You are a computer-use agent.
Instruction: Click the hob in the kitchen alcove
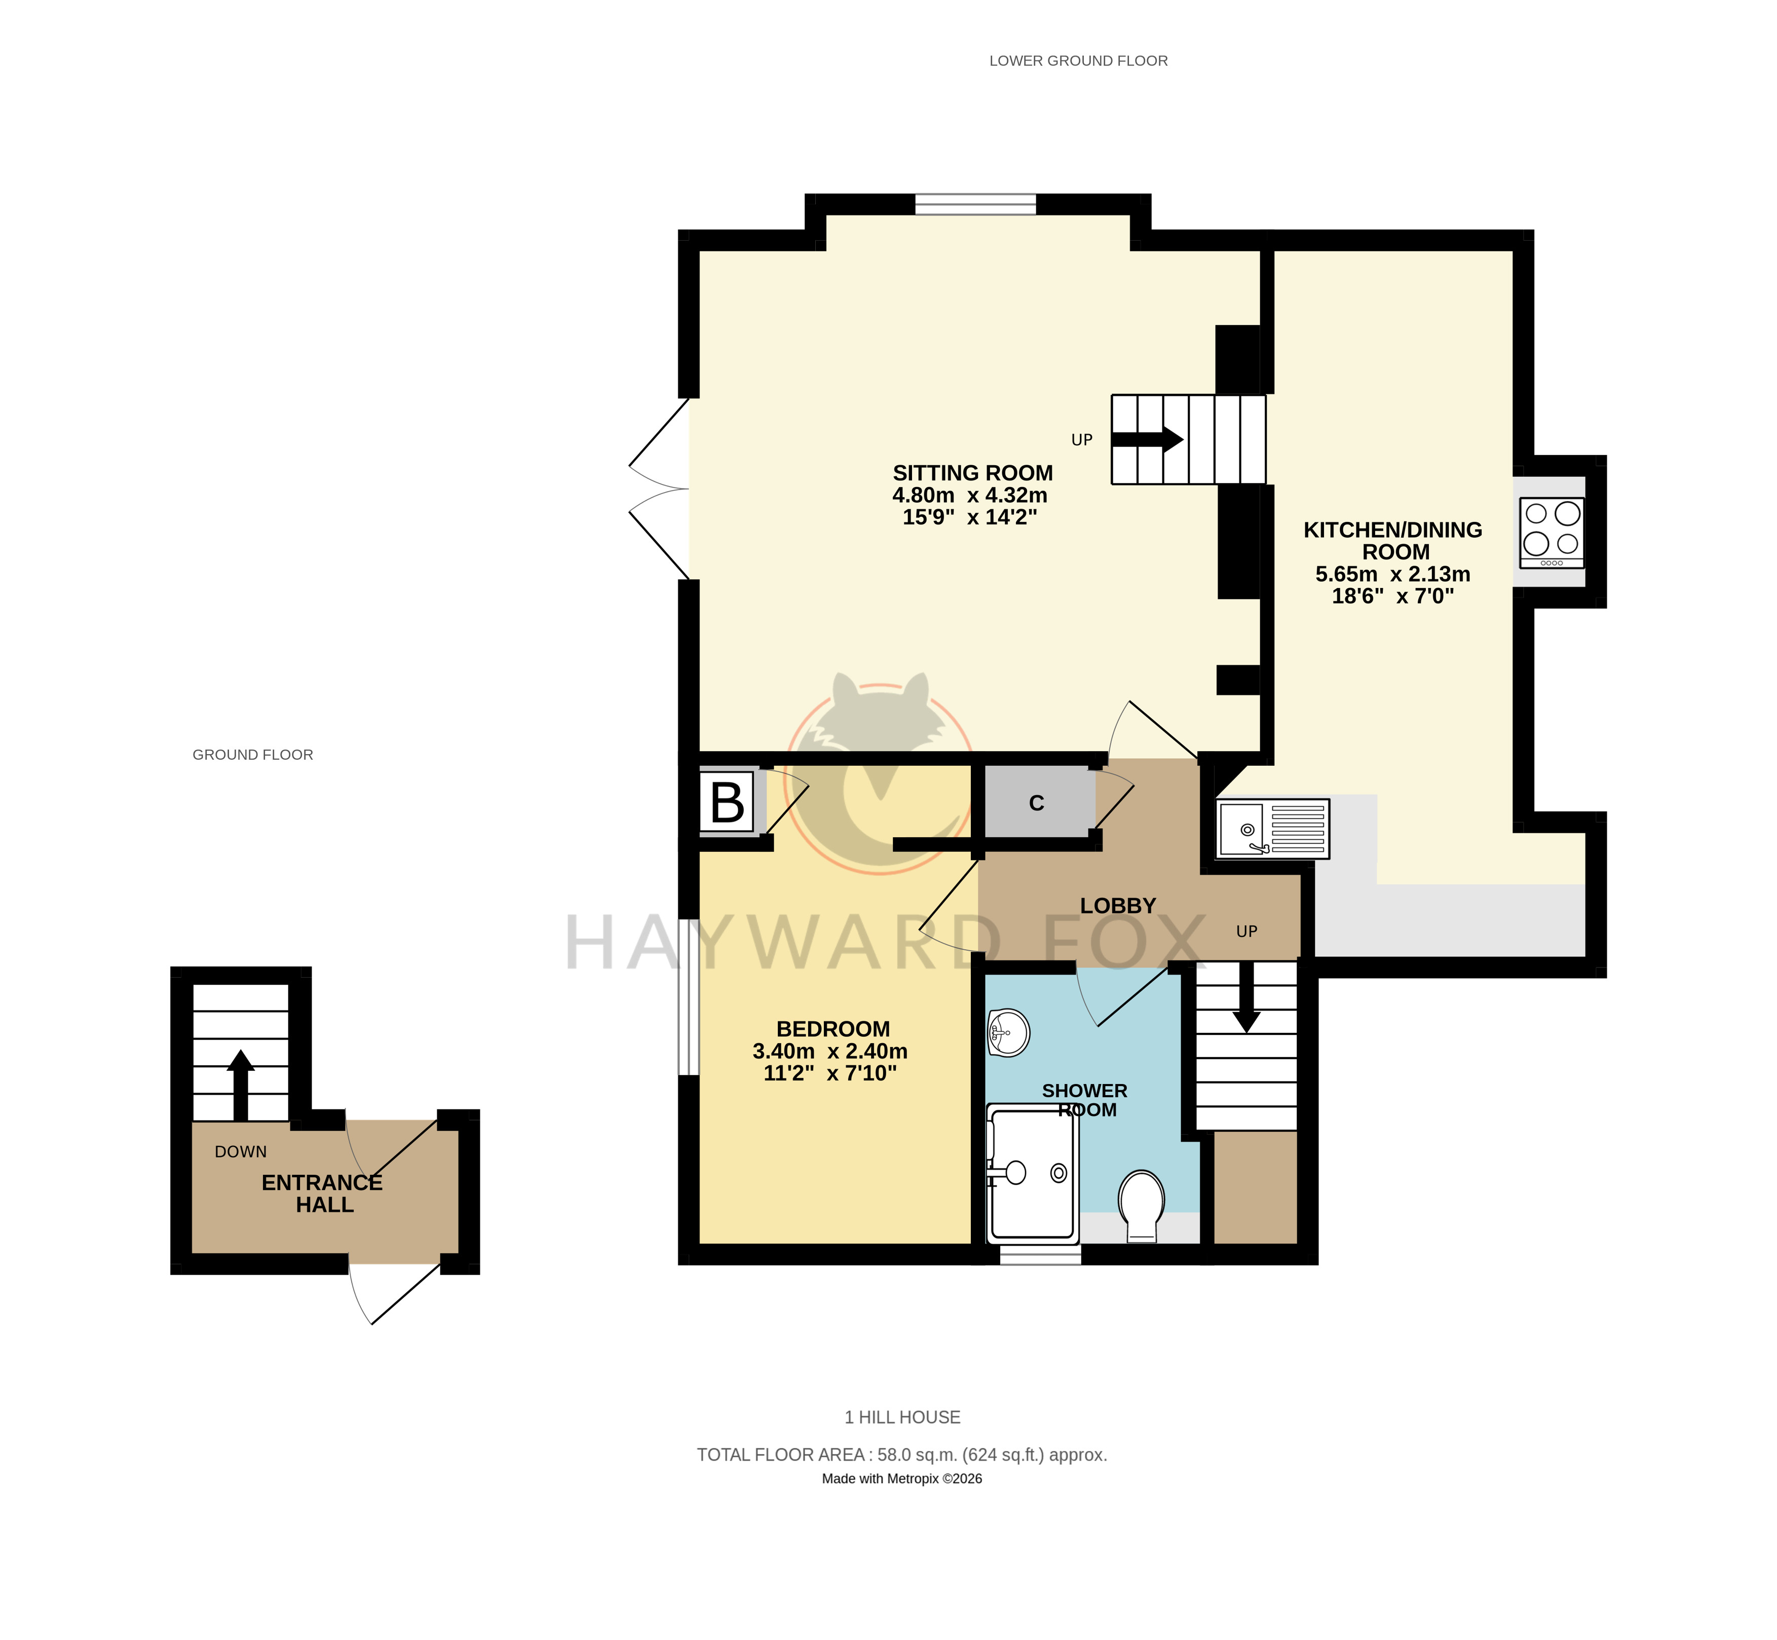pos(1552,533)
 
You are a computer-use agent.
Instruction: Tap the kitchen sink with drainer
pos(1274,829)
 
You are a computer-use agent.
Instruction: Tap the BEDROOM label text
pos(833,1029)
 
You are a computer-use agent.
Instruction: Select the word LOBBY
pos(1118,905)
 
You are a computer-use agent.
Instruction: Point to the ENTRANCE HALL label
pos(322,1194)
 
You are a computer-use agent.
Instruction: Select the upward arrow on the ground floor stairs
pos(240,1085)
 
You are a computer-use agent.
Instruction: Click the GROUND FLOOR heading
pos(253,754)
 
